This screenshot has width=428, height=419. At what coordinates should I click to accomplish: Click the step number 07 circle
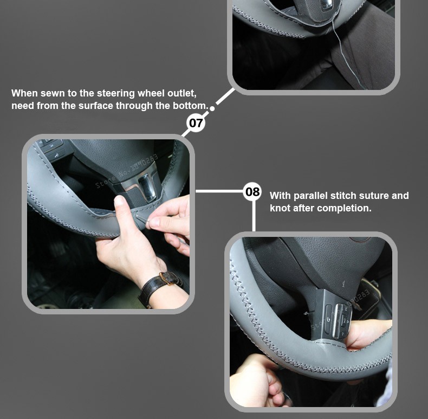pyautogui.click(x=196, y=123)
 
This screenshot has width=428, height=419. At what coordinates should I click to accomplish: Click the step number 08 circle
pyautogui.click(x=252, y=191)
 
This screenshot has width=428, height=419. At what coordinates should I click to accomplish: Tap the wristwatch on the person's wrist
pyautogui.click(x=160, y=287)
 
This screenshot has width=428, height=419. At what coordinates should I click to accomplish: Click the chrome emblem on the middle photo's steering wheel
pyautogui.click(x=146, y=186)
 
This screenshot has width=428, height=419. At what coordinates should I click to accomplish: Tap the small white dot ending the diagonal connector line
pyautogui.click(x=212, y=109)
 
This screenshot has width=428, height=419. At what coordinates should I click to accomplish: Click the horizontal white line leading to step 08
pyautogui.click(x=219, y=191)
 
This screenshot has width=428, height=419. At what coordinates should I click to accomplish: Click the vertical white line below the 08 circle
pyautogui.click(x=254, y=216)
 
